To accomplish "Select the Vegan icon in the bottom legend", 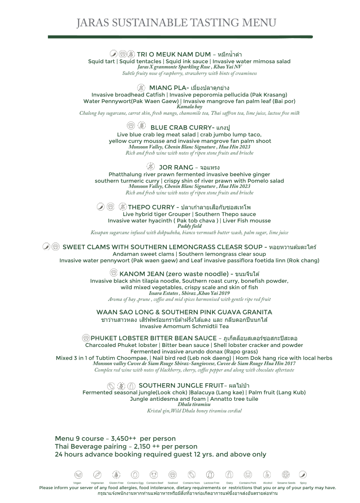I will click(78, 474).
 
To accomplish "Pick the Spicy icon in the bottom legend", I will click(303, 474).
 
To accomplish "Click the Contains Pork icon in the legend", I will click(248, 474).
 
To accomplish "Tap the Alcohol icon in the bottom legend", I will click(267, 474).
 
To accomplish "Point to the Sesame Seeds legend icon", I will click(286, 474).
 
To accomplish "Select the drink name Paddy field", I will click(189, 226).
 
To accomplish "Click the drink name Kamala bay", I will click(189, 107).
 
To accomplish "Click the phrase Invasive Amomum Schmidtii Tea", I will click(184, 326).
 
